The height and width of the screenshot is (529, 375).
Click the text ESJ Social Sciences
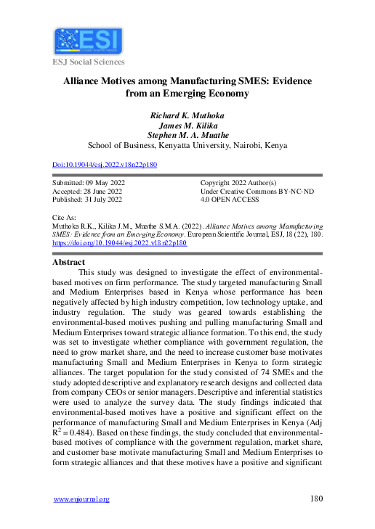87,62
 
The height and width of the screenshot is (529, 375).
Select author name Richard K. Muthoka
187,115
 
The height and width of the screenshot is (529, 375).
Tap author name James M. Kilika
187,125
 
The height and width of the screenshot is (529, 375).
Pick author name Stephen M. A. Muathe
187,134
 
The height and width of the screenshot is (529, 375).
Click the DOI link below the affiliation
105,165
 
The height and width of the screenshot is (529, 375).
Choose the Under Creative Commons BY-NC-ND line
250,190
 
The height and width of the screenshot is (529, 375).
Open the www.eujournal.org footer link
82,499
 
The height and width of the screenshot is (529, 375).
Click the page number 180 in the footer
315,499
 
